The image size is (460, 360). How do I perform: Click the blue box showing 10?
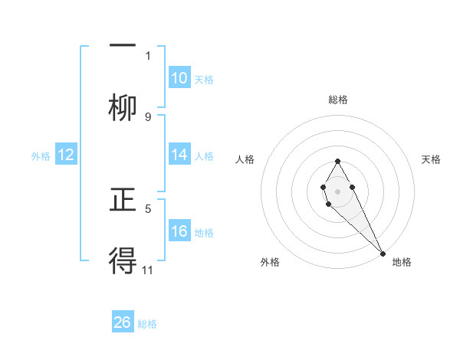tap(179, 78)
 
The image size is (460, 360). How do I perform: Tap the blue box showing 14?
tap(179, 155)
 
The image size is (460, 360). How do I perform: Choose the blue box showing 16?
tap(179, 231)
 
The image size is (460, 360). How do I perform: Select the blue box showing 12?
tap(66, 155)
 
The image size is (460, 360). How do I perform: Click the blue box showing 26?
tap(123, 322)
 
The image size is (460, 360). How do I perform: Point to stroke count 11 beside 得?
tap(149, 270)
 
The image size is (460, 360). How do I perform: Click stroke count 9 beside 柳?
tap(148, 116)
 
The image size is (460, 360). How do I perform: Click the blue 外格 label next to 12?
tap(41, 155)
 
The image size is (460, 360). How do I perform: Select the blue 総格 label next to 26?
tap(147, 324)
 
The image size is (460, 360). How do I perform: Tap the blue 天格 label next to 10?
tap(204, 80)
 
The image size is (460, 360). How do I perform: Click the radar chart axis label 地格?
tap(402, 263)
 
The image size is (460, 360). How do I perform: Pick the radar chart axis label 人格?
tap(245, 159)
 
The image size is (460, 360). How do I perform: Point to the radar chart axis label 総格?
tap(338, 100)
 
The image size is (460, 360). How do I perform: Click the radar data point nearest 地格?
tap(383, 253)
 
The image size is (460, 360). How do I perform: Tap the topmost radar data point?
tap(337, 161)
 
